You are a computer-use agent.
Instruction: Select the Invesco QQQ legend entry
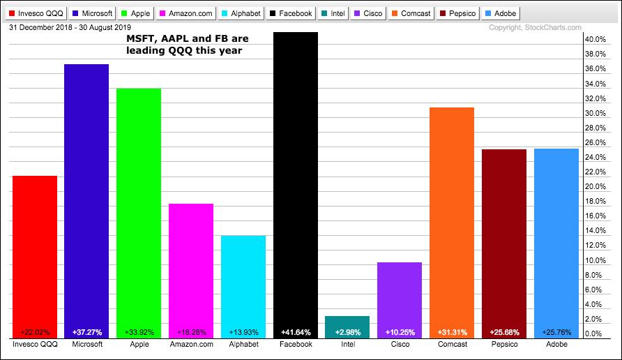click(35, 13)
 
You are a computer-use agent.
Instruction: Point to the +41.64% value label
click(296, 333)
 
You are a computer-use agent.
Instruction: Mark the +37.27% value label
click(86, 333)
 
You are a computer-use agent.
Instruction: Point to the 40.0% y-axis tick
click(594, 40)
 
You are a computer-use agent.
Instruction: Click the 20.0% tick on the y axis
click(594, 187)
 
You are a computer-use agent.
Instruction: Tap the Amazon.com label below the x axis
click(190, 345)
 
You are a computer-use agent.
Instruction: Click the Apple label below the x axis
click(139, 345)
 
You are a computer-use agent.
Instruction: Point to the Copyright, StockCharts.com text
click(535, 28)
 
